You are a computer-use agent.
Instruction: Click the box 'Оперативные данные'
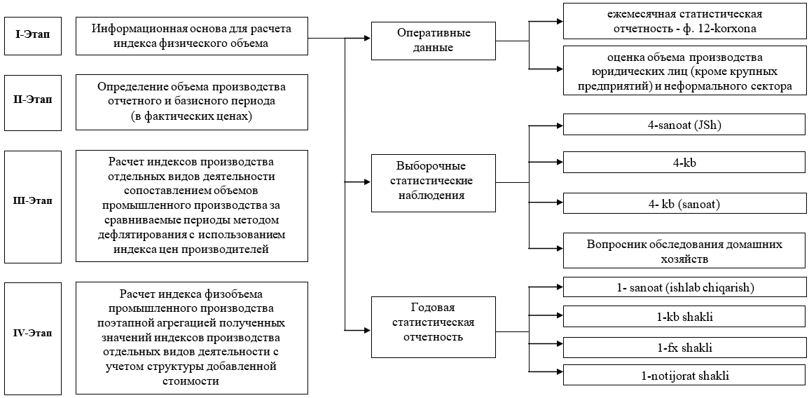434,41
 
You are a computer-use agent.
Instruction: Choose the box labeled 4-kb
684,163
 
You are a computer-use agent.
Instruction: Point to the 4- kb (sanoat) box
684,205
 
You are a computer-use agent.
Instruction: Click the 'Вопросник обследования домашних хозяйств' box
684,251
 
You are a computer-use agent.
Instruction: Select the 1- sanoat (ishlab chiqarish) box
684,287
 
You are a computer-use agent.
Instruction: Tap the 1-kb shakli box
684,317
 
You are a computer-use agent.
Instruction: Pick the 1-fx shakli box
684,348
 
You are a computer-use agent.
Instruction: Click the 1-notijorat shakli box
684,376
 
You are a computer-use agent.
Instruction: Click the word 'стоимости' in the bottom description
191,380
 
